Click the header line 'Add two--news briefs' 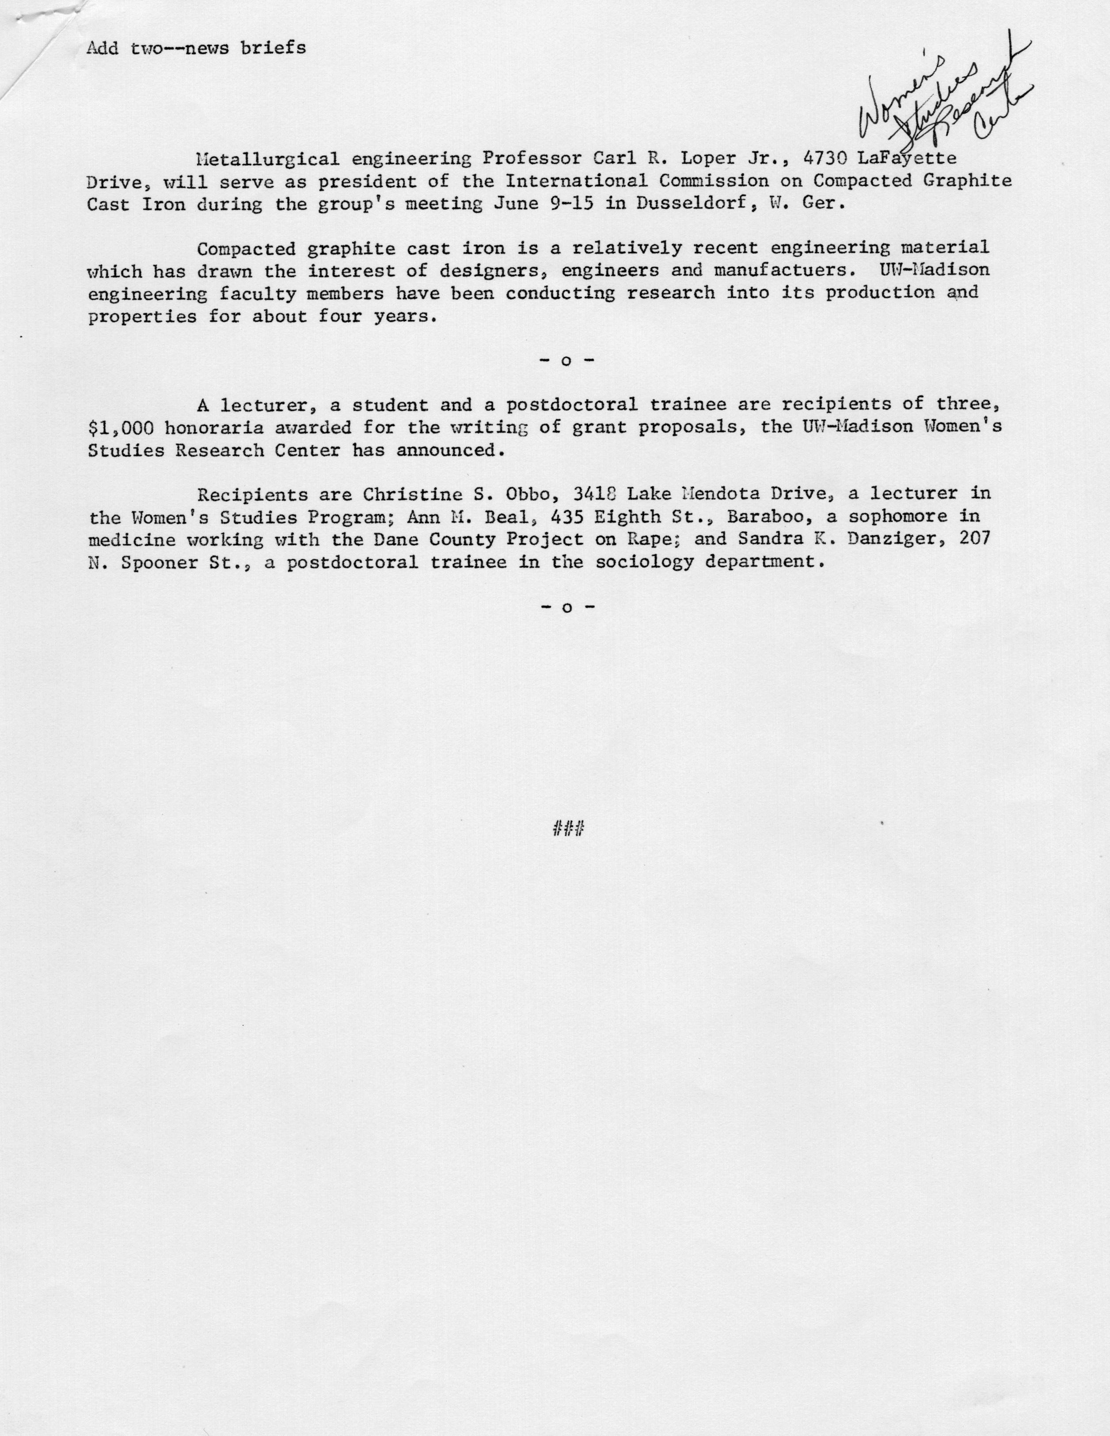[x=196, y=48]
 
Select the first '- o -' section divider [x=567, y=361]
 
